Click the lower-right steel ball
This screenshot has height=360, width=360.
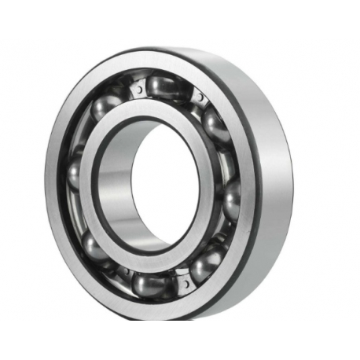(205, 262)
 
